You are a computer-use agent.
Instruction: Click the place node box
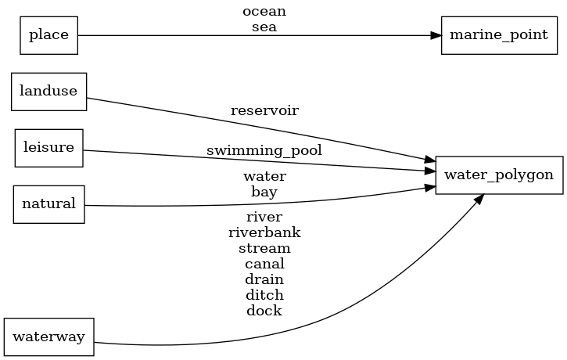pyautogui.click(x=48, y=35)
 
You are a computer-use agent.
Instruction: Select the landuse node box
pyautogui.click(x=48, y=91)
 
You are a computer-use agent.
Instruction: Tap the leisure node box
pyautogui.click(x=48, y=148)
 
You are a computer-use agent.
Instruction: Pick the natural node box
pyautogui.click(x=48, y=204)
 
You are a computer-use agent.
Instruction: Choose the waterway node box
pyautogui.click(x=48, y=337)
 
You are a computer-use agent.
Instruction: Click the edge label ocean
pyautogui.click(x=264, y=12)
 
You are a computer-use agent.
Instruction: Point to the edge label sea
pyautogui.click(x=264, y=27)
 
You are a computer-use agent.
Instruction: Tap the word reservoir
pyautogui.click(x=264, y=110)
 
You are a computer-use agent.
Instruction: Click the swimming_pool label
pyautogui.click(x=264, y=149)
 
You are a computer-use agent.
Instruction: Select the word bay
pyautogui.click(x=264, y=191)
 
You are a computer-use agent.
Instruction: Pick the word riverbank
pyautogui.click(x=264, y=232)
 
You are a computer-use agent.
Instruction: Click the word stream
pyautogui.click(x=264, y=248)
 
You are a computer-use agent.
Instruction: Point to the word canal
pyautogui.click(x=264, y=264)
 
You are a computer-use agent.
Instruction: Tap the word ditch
pyautogui.click(x=264, y=295)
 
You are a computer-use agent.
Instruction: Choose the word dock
pyautogui.click(x=264, y=311)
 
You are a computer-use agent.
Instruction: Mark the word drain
pyautogui.click(x=264, y=279)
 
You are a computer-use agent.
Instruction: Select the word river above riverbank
pyautogui.click(x=264, y=217)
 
